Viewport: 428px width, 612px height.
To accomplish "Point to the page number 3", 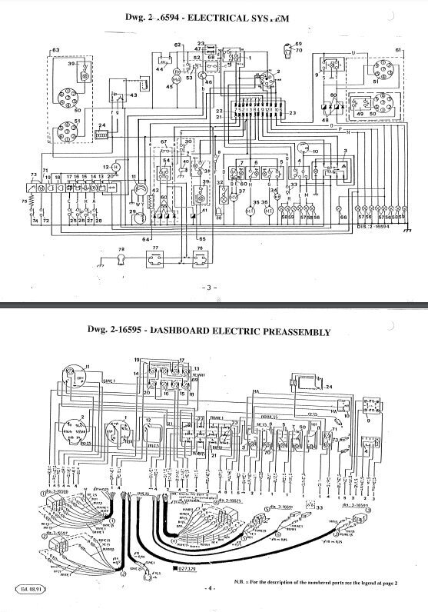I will (214, 288).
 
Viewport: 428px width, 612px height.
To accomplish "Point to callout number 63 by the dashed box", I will (55, 50).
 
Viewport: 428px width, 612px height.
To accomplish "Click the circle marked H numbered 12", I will (115, 167).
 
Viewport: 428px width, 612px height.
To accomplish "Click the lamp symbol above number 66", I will (343, 208).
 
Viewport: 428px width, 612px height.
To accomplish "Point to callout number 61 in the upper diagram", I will (398, 50).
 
